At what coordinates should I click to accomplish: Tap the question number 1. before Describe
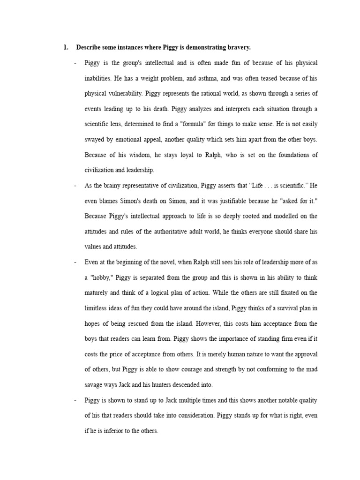coord(66,48)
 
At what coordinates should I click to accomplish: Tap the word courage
coord(196,369)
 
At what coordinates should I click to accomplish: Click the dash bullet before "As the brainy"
coord(75,186)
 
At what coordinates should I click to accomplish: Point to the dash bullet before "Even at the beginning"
coord(75,262)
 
